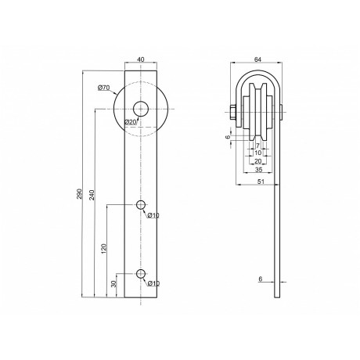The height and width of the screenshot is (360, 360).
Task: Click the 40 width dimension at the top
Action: [x=141, y=59]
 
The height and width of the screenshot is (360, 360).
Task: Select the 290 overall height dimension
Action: [x=80, y=194]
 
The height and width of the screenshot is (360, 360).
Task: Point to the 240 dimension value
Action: [x=92, y=195]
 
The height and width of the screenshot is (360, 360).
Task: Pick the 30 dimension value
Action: [x=113, y=284]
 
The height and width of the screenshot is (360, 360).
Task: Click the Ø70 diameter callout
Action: [x=103, y=88]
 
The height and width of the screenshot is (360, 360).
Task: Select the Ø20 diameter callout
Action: [x=131, y=122]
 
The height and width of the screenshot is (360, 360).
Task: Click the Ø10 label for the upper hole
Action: [x=153, y=215]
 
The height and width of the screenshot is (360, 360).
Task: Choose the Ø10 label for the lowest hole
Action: [x=153, y=283]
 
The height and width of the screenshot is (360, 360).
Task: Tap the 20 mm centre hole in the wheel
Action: [x=141, y=109]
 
